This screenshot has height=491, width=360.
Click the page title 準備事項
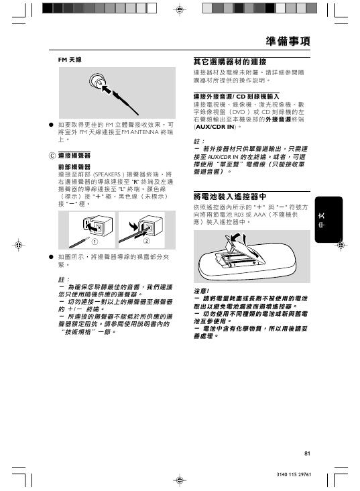coord(286,42)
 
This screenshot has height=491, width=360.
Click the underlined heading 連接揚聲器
coord(74,155)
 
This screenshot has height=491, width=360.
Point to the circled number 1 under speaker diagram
coord(95,241)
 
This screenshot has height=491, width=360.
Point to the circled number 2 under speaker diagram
coord(145,241)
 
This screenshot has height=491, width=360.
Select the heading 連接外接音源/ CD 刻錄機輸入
coord(235,96)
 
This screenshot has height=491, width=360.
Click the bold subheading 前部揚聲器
coord(74,166)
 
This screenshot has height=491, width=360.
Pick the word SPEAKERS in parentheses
coord(117,174)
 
